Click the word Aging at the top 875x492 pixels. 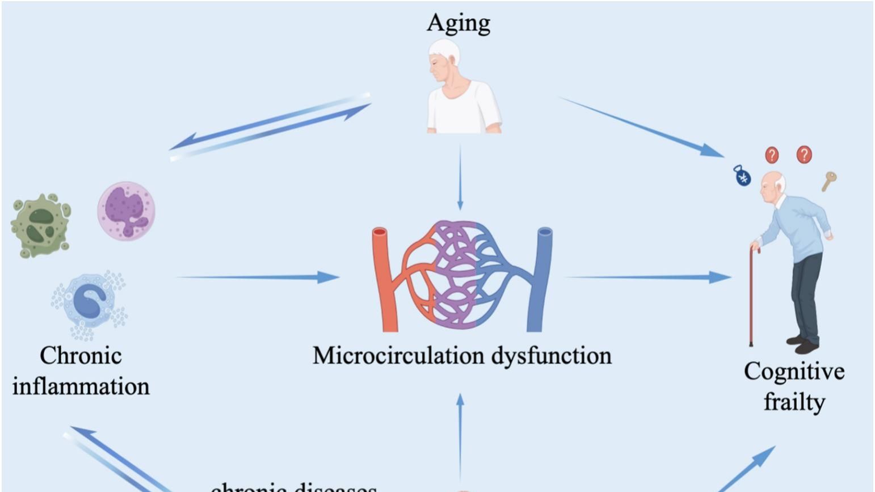pyautogui.click(x=458, y=23)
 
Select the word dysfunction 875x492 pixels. pyautogui.click(x=551, y=356)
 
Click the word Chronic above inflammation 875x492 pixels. pyautogui.click(x=81, y=356)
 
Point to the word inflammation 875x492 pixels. pyautogui.click(x=81, y=386)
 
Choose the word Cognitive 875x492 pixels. pyautogui.click(x=794, y=372)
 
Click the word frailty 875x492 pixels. pyautogui.click(x=794, y=402)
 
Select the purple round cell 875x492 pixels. pyautogui.click(x=126, y=211)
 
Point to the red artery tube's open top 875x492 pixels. pyautogui.click(x=380, y=232)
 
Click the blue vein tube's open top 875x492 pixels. pyautogui.click(x=545, y=232)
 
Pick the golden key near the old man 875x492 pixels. pyautogui.click(x=828, y=181)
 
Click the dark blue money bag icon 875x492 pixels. pyautogui.click(x=742, y=176)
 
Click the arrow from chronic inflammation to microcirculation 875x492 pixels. pyautogui.click(x=258, y=277)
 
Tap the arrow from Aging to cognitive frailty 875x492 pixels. pyautogui.click(x=641, y=127)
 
